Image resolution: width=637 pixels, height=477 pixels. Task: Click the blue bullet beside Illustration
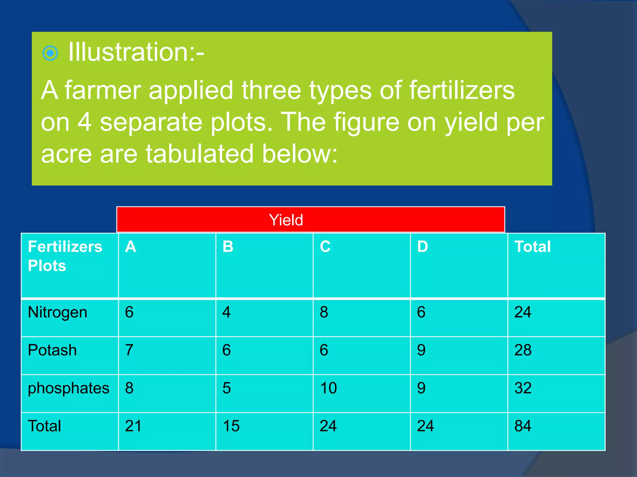pos(50,53)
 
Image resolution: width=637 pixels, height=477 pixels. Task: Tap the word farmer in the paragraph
pos(103,90)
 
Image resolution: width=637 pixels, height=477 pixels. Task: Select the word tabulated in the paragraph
pos(199,154)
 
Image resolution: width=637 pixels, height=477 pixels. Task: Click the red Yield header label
pos(286,220)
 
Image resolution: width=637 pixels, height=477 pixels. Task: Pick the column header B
pos(228,247)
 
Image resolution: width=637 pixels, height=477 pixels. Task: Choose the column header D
pos(422,247)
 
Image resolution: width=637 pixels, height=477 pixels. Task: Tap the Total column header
pos(532,247)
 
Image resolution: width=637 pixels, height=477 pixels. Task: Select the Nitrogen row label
pos(58,312)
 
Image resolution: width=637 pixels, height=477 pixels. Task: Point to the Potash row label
pos(52,350)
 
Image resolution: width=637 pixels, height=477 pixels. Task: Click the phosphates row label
pos(68,388)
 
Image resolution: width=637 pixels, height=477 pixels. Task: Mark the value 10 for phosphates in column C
pos(328,388)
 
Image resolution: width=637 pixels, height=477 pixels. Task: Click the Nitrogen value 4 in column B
pos(226,312)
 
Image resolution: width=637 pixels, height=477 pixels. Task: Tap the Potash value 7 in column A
pos(129,350)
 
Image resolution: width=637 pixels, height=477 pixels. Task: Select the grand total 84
pos(523,426)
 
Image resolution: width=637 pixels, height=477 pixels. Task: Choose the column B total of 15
pos(231,426)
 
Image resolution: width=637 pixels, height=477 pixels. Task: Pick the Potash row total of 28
pos(523,350)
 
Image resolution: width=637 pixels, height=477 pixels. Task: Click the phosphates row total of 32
pos(523,388)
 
